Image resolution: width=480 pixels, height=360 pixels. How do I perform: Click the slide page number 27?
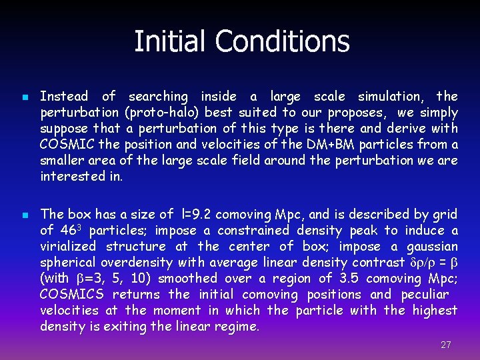446,345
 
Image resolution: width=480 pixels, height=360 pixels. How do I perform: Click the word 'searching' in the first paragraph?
158,97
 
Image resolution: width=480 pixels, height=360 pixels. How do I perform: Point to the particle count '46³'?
70,230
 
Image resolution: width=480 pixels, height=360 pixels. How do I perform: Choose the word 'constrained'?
255,231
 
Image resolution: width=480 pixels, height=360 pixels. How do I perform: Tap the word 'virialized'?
69,247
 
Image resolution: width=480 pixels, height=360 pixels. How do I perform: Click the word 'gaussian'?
433,247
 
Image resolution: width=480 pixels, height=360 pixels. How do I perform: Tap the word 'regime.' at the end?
239,327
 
